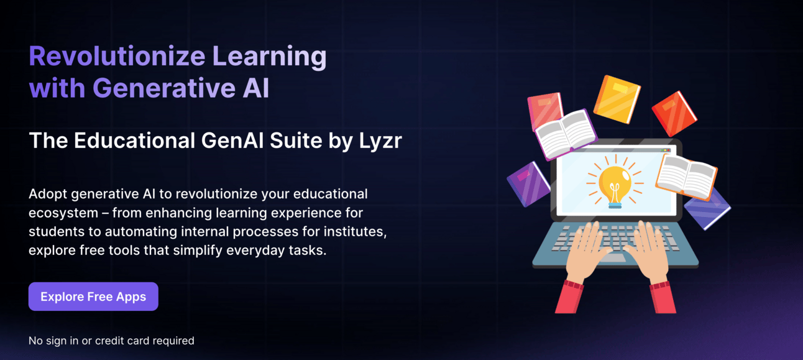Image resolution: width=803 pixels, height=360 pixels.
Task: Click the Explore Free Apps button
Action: click(93, 297)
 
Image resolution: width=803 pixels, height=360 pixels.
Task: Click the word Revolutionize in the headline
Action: click(117, 57)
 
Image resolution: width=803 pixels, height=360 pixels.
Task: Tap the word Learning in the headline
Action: click(269, 57)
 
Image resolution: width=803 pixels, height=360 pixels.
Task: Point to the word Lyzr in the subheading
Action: click(380, 141)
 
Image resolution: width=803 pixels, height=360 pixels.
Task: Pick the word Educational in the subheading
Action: click(134, 140)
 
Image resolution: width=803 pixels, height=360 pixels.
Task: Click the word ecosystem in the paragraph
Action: click(63, 213)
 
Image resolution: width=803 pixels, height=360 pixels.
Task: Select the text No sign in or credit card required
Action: click(111, 341)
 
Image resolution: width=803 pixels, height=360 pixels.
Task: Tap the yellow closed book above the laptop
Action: click(617, 99)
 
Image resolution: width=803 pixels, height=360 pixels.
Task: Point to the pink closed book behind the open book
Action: click(544, 109)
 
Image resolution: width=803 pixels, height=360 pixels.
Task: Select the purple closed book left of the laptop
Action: click(528, 184)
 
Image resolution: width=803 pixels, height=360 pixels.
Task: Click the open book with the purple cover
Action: click(566, 134)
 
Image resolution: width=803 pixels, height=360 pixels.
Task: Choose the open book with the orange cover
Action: click(686, 178)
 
